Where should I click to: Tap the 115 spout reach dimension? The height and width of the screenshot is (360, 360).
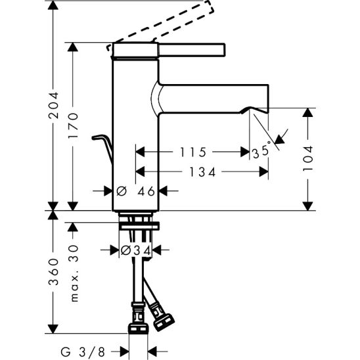194,152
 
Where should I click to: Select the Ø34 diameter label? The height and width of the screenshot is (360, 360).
137,250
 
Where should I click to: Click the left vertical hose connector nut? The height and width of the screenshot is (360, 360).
139,325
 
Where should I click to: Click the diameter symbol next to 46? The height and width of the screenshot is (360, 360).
121,192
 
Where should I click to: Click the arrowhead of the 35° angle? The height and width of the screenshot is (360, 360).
281,139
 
